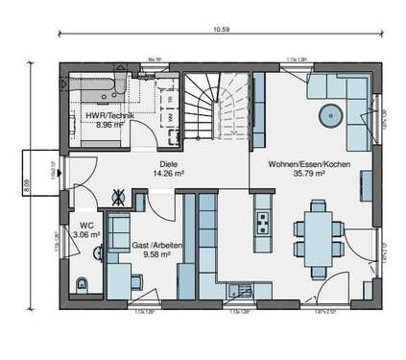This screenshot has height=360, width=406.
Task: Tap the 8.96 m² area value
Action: pyautogui.click(x=103, y=125)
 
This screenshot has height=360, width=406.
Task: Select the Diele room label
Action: pyautogui.click(x=169, y=164)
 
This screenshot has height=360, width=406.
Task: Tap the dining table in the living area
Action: pyautogui.click(x=318, y=234)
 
